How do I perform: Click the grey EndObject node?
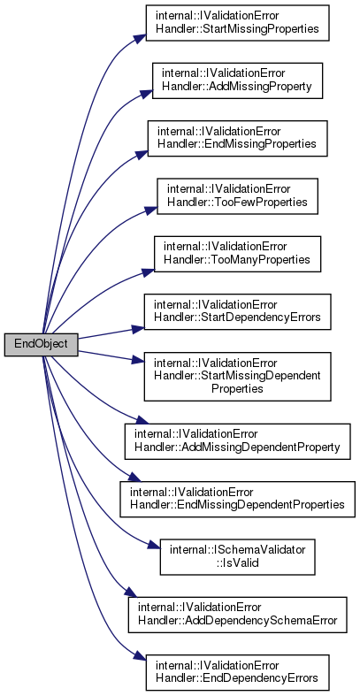(x=42, y=344)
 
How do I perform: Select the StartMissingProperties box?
(x=237, y=23)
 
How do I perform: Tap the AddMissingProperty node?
(x=237, y=80)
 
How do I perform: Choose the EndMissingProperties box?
(x=237, y=138)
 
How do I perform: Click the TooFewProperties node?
(x=237, y=196)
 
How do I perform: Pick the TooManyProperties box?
(x=237, y=254)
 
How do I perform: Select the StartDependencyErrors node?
(x=237, y=311)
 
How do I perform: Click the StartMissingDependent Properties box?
(x=237, y=377)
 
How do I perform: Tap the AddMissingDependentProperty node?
(x=237, y=441)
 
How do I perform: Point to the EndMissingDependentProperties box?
(x=237, y=499)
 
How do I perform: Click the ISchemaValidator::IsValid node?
(x=237, y=556)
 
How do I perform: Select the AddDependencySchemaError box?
(x=237, y=615)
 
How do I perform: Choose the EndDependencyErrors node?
(x=237, y=672)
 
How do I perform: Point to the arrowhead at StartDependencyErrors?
(x=139, y=328)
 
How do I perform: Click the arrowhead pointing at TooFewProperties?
(x=151, y=209)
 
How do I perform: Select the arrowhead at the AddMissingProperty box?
(x=147, y=94)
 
